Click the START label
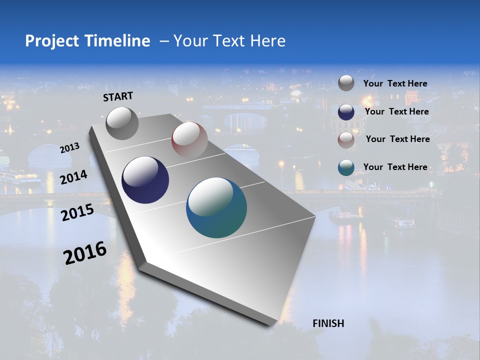pyautogui.click(x=118, y=96)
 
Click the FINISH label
pyautogui.click(x=328, y=323)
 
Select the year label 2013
pyautogui.click(x=69, y=148)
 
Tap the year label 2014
pyautogui.click(x=73, y=177)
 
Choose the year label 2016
pyautogui.click(x=85, y=253)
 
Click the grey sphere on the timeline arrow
pyautogui.click(x=122, y=123)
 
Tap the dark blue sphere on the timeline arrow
pyautogui.click(x=145, y=180)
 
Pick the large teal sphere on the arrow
pyautogui.click(x=216, y=207)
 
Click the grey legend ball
pyautogui.click(x=346, y=83)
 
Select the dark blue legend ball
pyautogui.click(x=346, y=112)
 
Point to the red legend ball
pyautogui.click(x=346, y=140)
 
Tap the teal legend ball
pyautogui.click(x=346, y=167)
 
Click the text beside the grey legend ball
pyautogui.click(x=395, y=83)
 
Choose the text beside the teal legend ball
pyautogui.click(x=395, y=167)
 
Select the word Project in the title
pyautogui.click(x=52, y=41)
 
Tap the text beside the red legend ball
pyautogui.click(x=397, y=139)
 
